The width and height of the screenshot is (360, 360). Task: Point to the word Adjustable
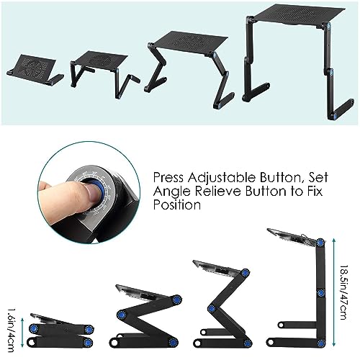click(x=229, y=176)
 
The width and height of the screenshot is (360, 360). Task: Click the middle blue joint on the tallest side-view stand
click(x=319, y=292)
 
